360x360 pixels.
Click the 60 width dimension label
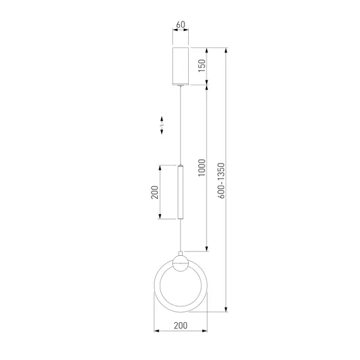[x=181, y=25]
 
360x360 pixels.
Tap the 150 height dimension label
[x=202, y=66]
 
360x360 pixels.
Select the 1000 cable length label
[x=202, y=167]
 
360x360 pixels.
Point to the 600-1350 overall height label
[x=221, y=181]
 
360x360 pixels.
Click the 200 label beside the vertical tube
[x=155, y=192]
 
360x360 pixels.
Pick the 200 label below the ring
[x=181, y=325]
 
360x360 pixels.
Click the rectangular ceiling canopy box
[x=181, y=66]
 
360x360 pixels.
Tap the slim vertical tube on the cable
[x=181, y=192]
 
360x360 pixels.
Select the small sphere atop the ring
[x=181, y=263]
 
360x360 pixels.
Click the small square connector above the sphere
[x=181, y=253]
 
